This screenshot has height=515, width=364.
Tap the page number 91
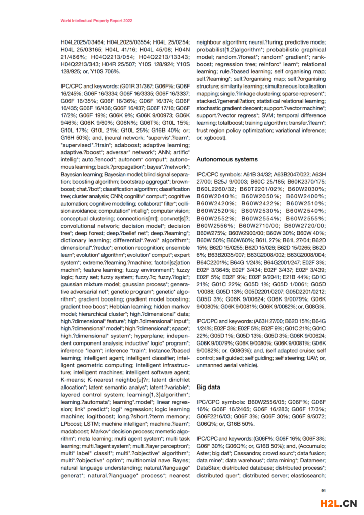pyautogui.click(x=324, y=490)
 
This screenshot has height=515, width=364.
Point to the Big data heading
pyautogui.click(x=208, y=387)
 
